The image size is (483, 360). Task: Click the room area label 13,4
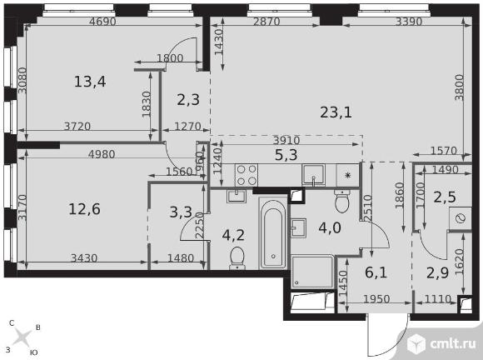90,82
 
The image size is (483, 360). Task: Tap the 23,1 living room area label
336,112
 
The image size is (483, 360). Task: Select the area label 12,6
84,209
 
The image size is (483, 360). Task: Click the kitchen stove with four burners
246,175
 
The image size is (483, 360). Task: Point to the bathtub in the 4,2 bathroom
273,232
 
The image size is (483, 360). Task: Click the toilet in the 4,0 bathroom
342,200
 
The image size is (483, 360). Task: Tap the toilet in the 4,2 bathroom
237,258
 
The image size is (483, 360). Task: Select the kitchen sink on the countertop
314,175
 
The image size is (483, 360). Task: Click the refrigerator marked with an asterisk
348,175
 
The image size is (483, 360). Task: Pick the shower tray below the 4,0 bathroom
312,272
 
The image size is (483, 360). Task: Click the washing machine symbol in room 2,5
461,218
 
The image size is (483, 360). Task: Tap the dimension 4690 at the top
102,22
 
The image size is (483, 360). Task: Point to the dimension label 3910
286,141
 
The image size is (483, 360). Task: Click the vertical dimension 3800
460,87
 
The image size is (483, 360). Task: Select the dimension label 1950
376,298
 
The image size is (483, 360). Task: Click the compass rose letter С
12,323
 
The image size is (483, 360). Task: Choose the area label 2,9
437,272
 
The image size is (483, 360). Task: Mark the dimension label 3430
84,257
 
